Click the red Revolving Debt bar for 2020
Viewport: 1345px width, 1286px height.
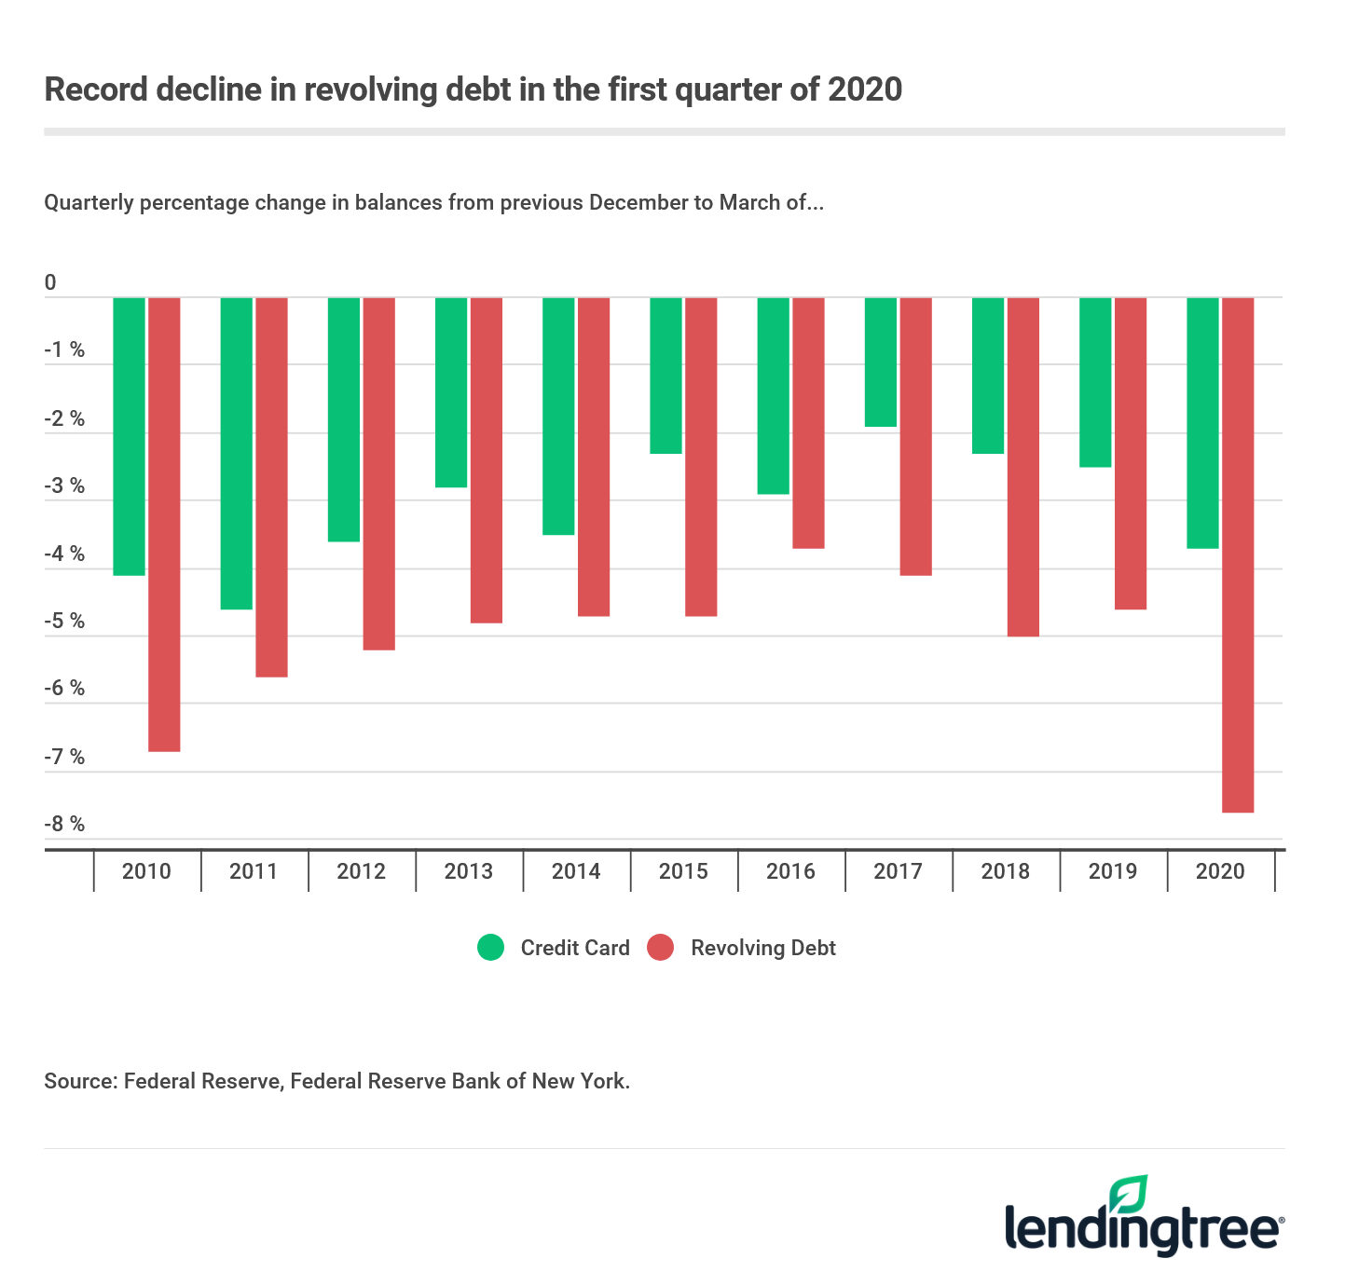point(1238,554)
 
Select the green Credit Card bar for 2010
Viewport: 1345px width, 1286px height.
point(130,436)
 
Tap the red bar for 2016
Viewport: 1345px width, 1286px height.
point(808,423)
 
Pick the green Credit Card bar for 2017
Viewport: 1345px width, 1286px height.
point(881,363)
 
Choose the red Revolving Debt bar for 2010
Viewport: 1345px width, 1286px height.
point(164,524)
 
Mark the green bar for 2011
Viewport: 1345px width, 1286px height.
point(237,453)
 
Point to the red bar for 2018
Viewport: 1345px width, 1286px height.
point(1022,467)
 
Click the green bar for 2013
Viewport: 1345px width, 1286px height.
point(451,392)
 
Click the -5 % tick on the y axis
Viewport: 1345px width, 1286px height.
point(64,622)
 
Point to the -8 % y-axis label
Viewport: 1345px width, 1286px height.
point(64,824)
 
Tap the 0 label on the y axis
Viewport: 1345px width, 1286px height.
point(50,282)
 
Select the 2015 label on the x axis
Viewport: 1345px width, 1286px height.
point(683,871)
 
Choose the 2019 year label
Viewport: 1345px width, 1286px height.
point(1113,871)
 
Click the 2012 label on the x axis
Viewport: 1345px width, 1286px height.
point(361,871)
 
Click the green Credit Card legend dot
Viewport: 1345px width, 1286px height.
point(490,948)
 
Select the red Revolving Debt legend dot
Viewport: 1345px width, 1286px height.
point(661,948)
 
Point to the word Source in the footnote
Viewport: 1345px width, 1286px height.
point(78,1081)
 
